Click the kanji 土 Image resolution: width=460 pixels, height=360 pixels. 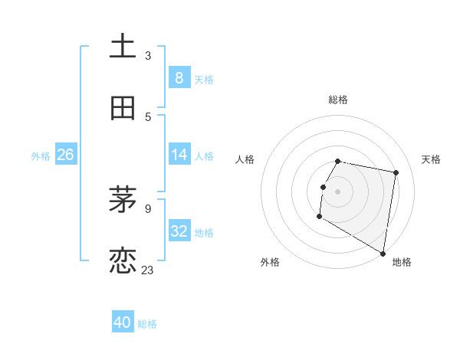pos(123,46)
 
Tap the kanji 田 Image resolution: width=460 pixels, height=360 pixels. pos(123,108)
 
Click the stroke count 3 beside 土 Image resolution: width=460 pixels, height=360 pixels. pos(148,55)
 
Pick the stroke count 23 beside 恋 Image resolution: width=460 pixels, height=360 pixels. pos(148,270)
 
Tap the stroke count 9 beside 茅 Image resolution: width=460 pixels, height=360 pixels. pos(148,208)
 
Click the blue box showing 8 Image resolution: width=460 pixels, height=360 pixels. pos(179,77)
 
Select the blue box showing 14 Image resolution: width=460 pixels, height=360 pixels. pos(179,155)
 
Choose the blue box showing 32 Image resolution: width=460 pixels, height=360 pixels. pos(179,231)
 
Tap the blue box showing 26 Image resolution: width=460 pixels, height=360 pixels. pos(65,155)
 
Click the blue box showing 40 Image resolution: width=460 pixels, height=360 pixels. pos(123,322)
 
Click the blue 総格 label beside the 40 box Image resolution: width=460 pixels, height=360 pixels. pos(147,324)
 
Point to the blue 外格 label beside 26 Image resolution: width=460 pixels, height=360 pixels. pos(41,156)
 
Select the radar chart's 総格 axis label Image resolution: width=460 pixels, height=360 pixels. pos(338,100)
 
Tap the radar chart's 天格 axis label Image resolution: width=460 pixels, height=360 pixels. pos(431,159)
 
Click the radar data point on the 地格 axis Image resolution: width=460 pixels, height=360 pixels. pos(383,254)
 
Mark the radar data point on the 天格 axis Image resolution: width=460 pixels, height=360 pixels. pos(396,173)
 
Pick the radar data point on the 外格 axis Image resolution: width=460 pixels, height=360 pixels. pos(319,217)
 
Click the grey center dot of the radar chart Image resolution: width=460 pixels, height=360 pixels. pos(338,191)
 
